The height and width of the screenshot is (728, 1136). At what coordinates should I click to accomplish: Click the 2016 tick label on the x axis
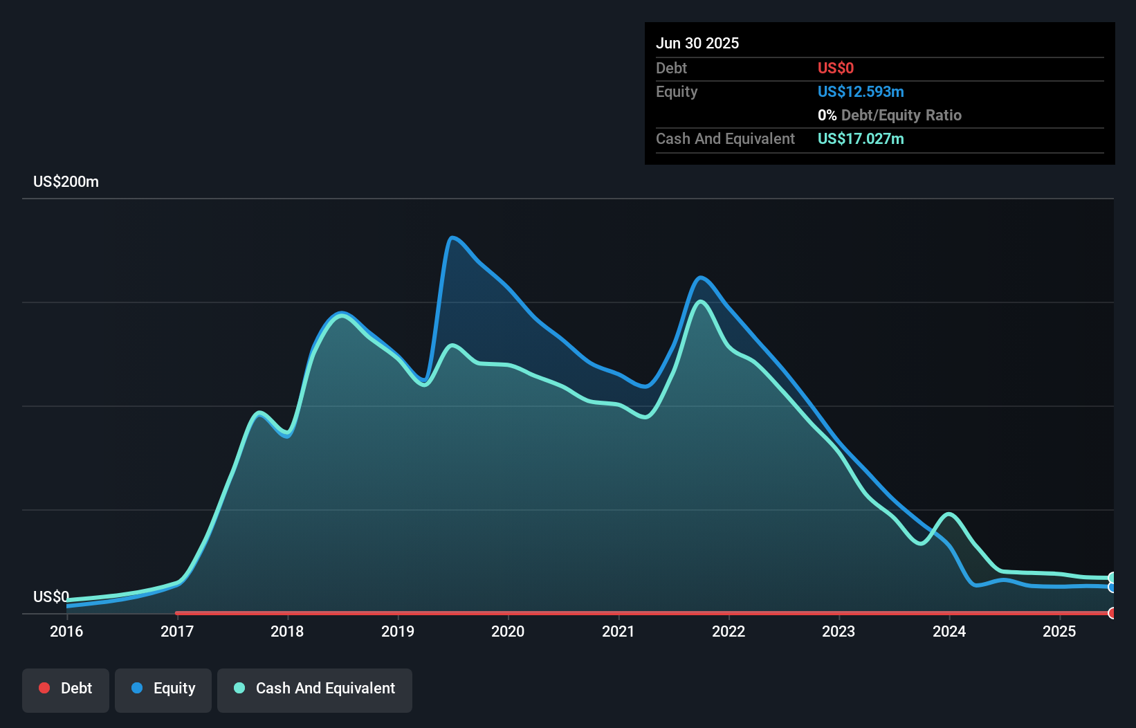coord(66,631)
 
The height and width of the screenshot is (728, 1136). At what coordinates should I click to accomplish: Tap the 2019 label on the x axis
coord(398,631)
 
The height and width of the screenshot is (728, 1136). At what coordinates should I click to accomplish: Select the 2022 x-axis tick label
coord(729,631)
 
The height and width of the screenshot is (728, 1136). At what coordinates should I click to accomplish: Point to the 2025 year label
coord(1059,631)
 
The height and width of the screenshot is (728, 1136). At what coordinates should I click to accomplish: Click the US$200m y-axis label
coord(66,181)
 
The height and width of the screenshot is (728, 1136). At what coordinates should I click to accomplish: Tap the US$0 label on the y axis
coord(51,597)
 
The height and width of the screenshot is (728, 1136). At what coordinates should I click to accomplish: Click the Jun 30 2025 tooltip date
coord(697,43)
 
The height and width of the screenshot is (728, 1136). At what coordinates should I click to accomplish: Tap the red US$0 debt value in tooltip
coord(836,68)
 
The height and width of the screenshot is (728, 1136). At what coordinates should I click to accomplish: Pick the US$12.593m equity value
coord(861,91)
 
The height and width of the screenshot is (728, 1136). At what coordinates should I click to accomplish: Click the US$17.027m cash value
coord(861,138)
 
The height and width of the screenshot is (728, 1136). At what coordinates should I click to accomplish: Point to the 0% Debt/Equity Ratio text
coord(890,115)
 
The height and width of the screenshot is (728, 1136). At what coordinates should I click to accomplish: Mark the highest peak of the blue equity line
coord(452,237)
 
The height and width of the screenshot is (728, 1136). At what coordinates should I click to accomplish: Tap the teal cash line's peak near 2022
coord(701,302)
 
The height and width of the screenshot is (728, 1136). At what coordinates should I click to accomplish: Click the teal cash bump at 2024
coord(949,514)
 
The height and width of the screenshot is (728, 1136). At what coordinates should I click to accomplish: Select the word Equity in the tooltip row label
coord(677,91)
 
